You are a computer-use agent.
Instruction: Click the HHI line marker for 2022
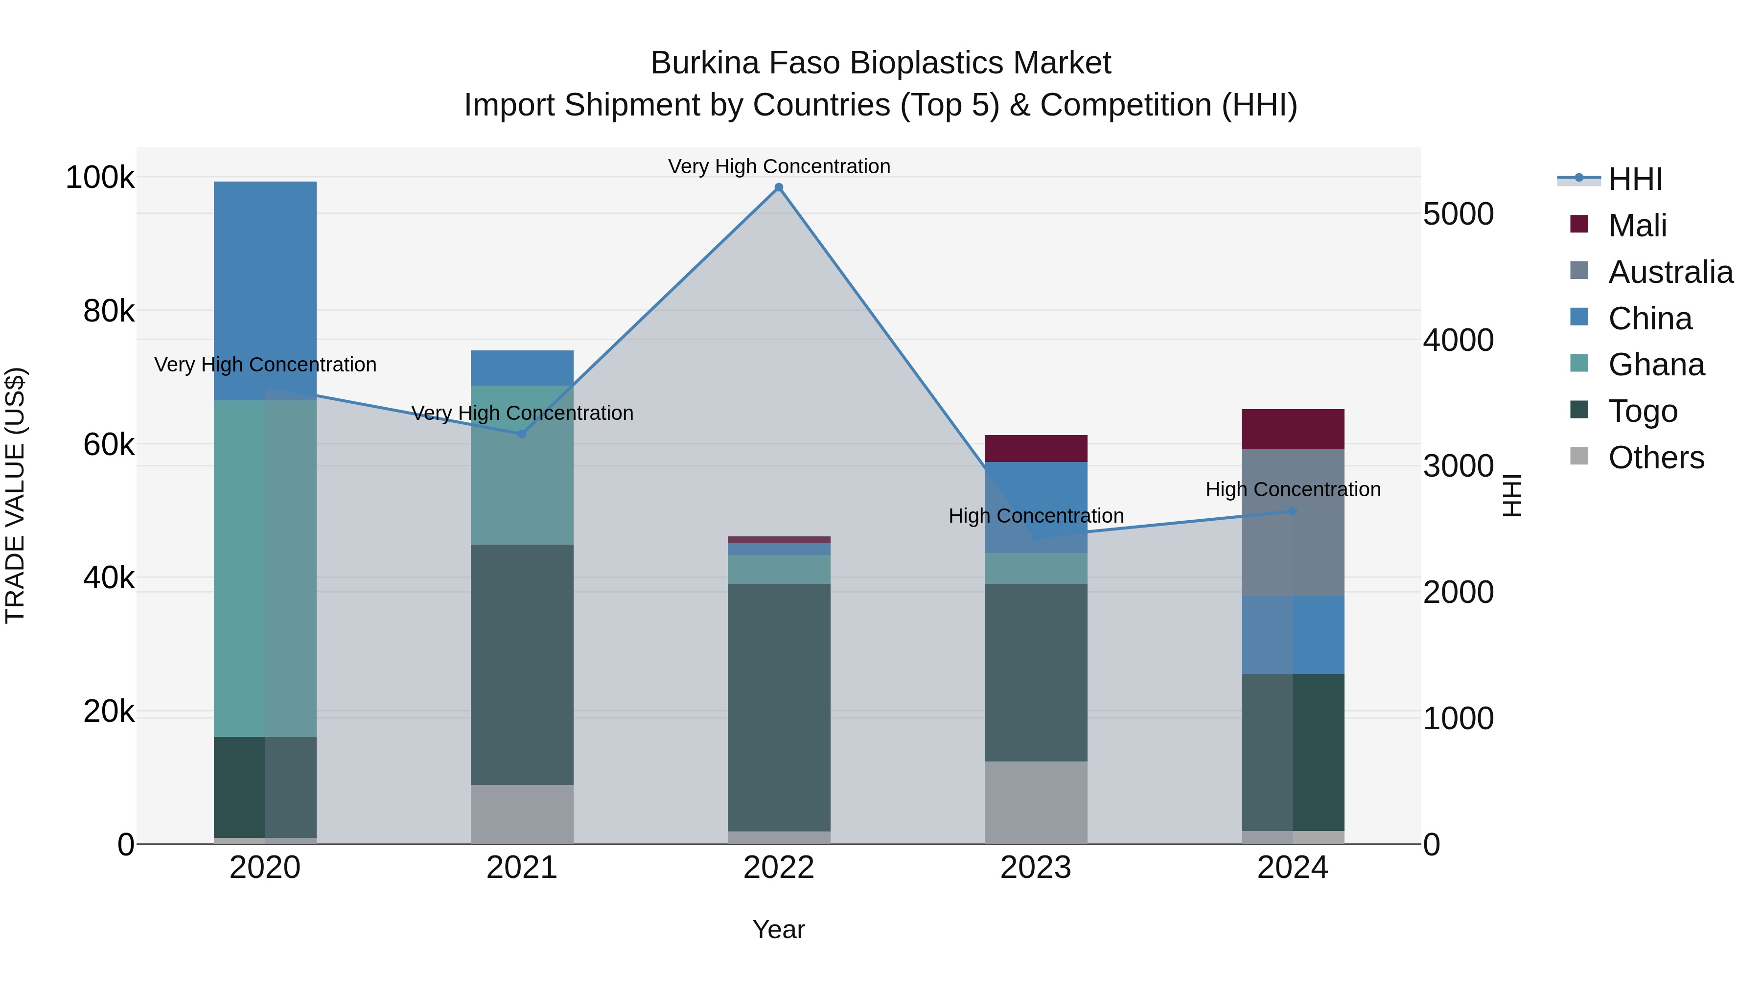point(778,187)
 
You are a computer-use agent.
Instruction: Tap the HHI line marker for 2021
point(522,434)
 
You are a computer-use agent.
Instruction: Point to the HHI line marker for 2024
point(1293,511)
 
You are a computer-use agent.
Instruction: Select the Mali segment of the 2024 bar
point(1293,429)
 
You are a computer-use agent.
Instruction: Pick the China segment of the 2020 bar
point(265,291)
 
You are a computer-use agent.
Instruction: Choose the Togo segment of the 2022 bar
point(778,707)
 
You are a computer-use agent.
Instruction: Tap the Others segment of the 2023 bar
point(1036,802)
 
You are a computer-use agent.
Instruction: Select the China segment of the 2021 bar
point(522,368)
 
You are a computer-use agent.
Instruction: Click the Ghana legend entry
point(1656,365)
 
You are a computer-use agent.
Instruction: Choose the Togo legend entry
point(1642,411)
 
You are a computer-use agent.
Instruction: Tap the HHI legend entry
point(1635,179)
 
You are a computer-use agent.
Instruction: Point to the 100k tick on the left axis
point(100,178)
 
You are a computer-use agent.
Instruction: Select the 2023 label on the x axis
point(1036,868)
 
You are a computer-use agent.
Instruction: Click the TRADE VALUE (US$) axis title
point(15,495)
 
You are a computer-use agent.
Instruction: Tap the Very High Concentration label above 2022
point(778,166)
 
